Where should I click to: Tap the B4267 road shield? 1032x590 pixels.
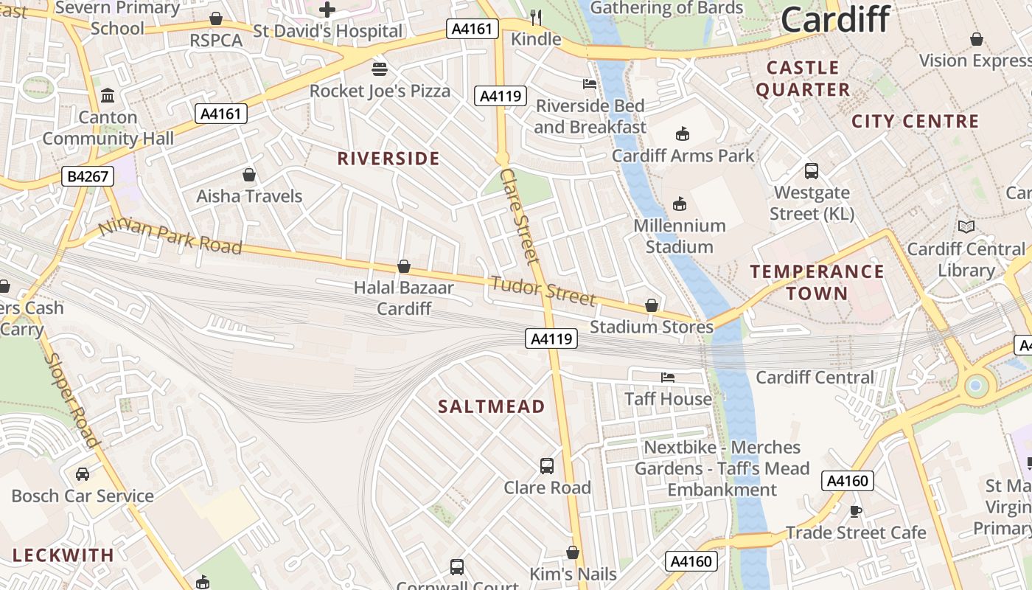[x=88, y=176]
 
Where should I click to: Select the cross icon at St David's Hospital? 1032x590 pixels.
[x=327, y=10]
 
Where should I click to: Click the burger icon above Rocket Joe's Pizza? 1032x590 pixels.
[x=380, y=69]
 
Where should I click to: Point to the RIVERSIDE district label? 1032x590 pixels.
[x=388, y=159]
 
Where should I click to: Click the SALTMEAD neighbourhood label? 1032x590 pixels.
[x=492, y=406]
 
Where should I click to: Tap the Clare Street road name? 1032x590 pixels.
[x=520, y=215]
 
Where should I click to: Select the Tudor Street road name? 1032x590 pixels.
[x=542, y=291]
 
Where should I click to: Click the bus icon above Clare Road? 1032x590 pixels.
[x=547, y=466]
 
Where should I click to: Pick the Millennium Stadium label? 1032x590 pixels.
[x=679, y=236]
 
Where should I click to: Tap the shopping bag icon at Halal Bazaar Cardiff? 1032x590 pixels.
[x=404, y=266]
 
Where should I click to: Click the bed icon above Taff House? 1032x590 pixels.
[x=668, y=378]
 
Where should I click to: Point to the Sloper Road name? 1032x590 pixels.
[x=72, y=399]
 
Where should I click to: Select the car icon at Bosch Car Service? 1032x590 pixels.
[x=83, y=474]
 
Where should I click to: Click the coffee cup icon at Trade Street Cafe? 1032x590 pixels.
[x=856, y=511]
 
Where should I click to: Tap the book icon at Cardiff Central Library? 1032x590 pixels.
[x=966, y=227]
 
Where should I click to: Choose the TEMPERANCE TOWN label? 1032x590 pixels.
[x=817, y=282]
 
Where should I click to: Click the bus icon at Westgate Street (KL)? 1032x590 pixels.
[x=812, y=171]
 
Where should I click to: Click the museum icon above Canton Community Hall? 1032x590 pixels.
[x=108, y=96]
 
